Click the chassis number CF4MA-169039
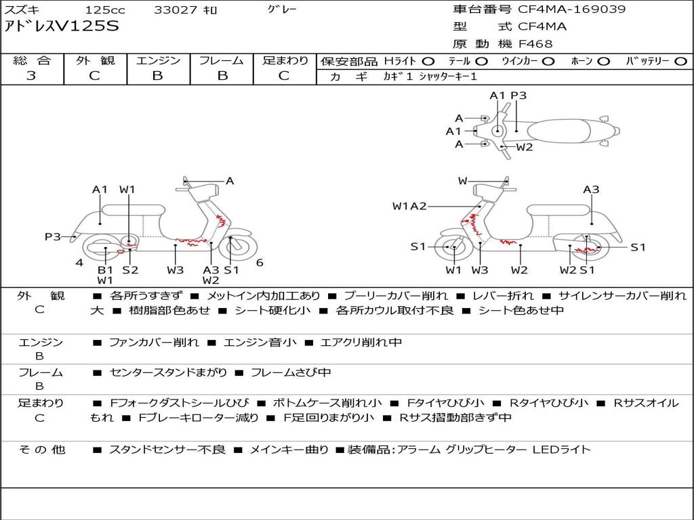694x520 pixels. pos(572,9)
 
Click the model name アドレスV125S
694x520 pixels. pos(62,26)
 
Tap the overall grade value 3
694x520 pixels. pos(31,75)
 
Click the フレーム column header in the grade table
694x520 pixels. pos(222,60)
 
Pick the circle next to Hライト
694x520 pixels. pos(428,62)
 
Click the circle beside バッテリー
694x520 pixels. pos(680,62)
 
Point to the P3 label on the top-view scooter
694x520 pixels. pos(518,95)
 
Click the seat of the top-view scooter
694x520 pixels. pos(558,131)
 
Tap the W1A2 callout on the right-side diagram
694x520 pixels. pos(409,206)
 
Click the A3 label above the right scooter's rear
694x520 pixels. pos(591,190)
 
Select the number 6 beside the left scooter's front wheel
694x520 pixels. pos(260,263)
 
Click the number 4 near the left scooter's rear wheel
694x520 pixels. pos(79,263)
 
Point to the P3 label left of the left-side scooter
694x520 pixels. pos(53,236)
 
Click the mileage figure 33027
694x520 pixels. pos(172,9)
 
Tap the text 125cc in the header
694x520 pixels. pos(105,9)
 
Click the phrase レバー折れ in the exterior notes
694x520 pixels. pos(503,296)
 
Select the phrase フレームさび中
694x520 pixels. pos(291,372)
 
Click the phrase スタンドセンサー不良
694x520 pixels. pos(167,450)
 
